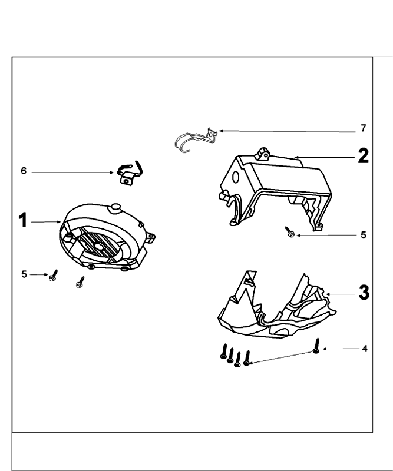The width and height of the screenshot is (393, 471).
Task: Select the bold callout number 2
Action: pyautogui.click(x=363, y=156)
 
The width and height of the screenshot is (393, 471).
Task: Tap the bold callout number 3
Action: pyautogui.click(x=364, y=292)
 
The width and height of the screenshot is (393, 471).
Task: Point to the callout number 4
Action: pyautogui.click(x=365, y=349)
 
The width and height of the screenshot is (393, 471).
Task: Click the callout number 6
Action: pyautogui.click(x=24, y=171)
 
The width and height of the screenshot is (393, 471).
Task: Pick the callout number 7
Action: pyautogui.click(x=364, y=128)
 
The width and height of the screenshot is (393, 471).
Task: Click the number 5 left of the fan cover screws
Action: pyautogui.click(x=24, y=274)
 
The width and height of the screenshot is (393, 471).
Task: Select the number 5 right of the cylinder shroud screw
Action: pyautogui.click(x=364, y=235)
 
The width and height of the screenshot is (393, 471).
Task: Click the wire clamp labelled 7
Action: pyautogui.click(x=196, y=140)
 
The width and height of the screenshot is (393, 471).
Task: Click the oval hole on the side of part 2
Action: pyautogui.click(x=236, y=177)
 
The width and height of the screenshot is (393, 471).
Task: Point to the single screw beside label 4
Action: pyautogui.click(x=316, y=346)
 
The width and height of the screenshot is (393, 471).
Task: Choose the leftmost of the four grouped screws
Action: pyautogui.click(x=223, y=351)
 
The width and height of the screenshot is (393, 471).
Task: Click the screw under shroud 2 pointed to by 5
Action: pyautogui.click(x=290, y=232)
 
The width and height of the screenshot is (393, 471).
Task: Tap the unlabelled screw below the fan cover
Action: pyautogui.click(x=80, y=283)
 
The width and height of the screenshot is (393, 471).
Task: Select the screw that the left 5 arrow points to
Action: pyautogui.click(x=53, y=276)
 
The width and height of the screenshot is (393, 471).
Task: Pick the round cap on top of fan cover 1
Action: pyautogui.click(x=115, y=208)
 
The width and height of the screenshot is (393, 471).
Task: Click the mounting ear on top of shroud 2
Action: pyautogui.click(x=263, y=154)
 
